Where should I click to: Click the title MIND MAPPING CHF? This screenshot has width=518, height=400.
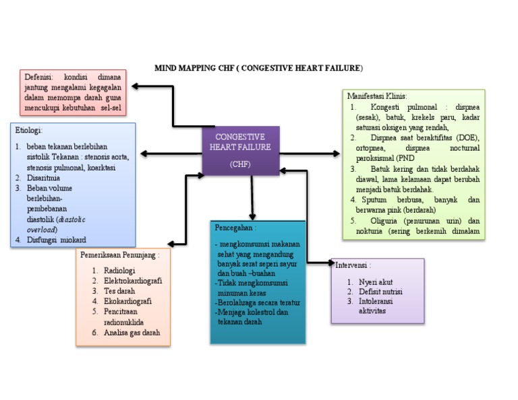coord(258,68)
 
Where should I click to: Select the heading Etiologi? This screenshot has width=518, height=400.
coord(29,130)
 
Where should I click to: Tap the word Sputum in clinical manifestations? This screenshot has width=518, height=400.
coord(376,200)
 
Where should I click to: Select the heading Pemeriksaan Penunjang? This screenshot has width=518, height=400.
coord(120,255)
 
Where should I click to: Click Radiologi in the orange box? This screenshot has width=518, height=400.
coord(119,270)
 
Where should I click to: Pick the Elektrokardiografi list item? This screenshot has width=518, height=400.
coord(132,281)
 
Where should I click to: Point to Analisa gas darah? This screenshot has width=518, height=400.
coord(132,333)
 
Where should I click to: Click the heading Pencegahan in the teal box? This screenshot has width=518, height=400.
coord(235,228)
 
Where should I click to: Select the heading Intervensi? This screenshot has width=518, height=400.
coord(353,265)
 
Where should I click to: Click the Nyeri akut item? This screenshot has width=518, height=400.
coord(376,281)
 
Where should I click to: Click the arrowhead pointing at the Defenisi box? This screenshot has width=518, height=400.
coord(135,86)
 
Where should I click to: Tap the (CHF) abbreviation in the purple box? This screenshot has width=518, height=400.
coord(240,164)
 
